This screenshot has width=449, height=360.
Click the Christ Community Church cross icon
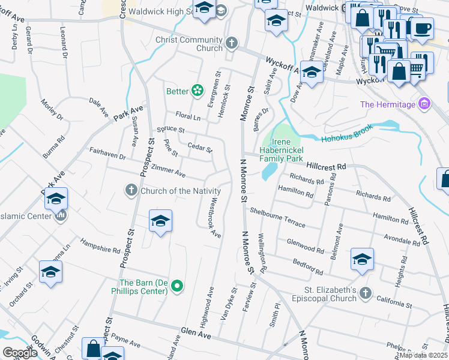(232, 43)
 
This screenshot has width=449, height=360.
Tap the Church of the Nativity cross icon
(131, 191)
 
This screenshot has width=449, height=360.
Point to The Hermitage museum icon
(425, 104)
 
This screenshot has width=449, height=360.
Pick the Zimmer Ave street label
(169, 170)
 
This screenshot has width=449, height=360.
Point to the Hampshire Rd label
(101, 247)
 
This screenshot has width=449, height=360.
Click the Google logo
(20, 353)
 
